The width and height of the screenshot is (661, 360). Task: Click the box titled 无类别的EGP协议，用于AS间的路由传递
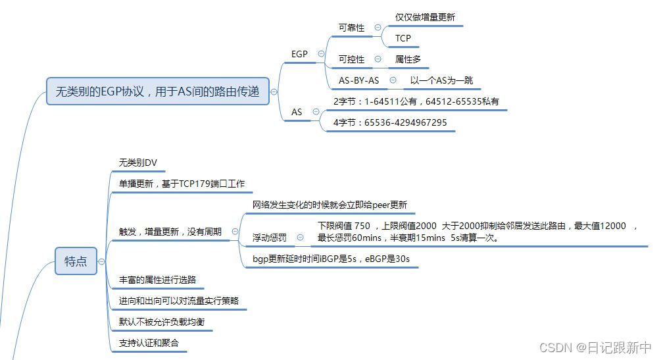click(x=158, y=92)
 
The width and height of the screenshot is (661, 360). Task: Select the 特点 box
click(x=76, y=261)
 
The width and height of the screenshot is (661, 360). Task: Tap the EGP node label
click(x=299, y=54)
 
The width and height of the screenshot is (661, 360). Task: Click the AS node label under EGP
click(x=297, y=112)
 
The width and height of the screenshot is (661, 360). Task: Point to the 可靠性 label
click(x=351, y=28)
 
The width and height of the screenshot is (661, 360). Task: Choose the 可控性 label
click(x=351, y=59)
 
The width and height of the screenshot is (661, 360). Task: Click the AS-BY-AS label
click(x=358, y=80)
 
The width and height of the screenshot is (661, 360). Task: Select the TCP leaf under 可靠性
click(x=403, y=38)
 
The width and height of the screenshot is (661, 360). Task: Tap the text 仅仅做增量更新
click(x=425, y=18)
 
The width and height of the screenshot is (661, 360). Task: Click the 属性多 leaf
click(x=408, y=59)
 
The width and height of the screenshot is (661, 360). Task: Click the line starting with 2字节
click(x=416, y=101)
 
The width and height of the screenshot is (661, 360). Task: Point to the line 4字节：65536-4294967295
click(x=390, y=122)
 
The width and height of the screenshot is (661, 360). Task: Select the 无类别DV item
click(x=138, y=163)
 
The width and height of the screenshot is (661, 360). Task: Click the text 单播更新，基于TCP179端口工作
click(x=182, y=184)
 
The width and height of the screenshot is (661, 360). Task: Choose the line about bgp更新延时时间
click(x=331, y=259)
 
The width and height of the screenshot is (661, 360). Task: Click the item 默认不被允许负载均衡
click(x=166, y=322)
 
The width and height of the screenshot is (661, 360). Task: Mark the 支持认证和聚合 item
click(x=149, y=343)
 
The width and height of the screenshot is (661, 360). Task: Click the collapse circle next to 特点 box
click(x=101, y=261)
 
